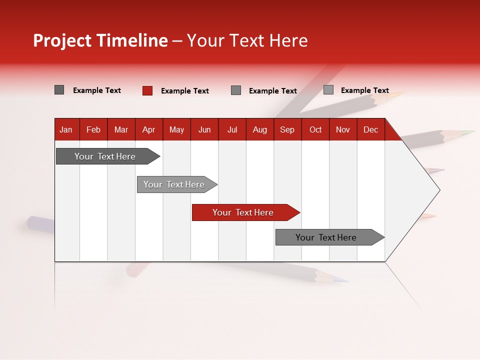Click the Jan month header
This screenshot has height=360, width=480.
[66, 130]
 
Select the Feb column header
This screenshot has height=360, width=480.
[93, 130]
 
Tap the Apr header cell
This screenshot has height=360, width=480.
[148, 130]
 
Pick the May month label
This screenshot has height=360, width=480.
[176, 130]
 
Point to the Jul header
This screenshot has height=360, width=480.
[232, 130]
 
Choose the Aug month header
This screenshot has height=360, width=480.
[259, 130]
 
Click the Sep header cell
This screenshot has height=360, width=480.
[287, 130]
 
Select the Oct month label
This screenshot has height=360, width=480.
[315, 130]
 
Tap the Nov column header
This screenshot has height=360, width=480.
[343, 130]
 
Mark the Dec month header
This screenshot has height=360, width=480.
[370, 130]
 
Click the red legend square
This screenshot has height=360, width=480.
[147, 90]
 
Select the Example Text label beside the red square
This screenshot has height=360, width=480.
[185, 91]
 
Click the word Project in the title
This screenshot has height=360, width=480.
[62, 40]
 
